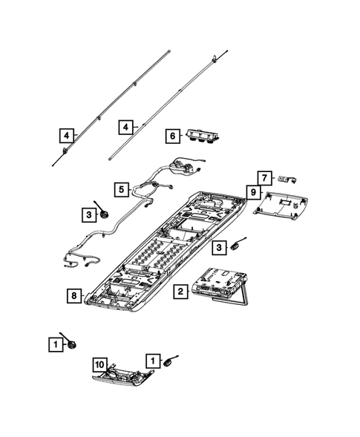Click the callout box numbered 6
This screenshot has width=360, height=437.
(172, 136)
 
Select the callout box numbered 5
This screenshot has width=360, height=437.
(121, 188)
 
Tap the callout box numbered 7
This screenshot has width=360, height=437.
(264, 177)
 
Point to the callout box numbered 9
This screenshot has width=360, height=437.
(253, 193)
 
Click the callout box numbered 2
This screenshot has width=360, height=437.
(179, 292)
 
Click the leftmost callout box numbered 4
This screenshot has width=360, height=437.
(67, 135)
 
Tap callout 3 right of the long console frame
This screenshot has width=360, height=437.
(219, 247)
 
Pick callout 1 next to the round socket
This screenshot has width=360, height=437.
(55, 344)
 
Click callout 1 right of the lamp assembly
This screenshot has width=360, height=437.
(153, 360)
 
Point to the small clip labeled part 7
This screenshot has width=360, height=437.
(287, 178)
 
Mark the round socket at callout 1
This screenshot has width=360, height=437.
(72, 344)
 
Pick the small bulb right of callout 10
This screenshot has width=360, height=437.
(171, 362)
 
